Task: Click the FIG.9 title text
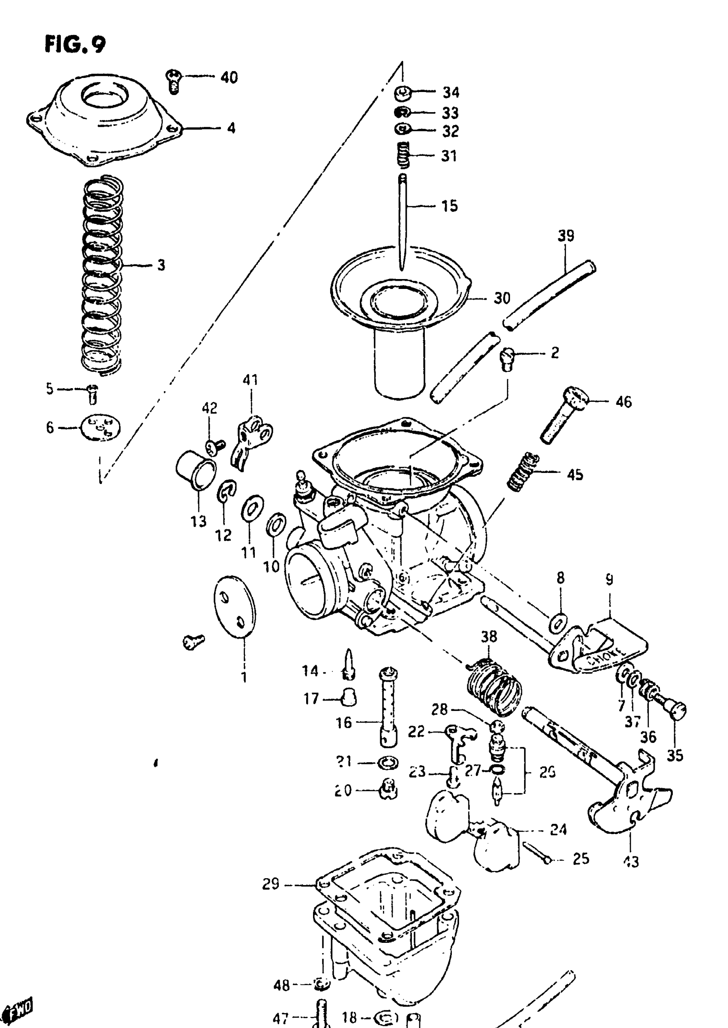coord(75,45)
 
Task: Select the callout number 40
coord(229,77)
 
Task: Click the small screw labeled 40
coord(174,80)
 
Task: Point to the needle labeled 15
coord(403,220)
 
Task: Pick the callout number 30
coord(502,298)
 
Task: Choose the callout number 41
coord(250,380)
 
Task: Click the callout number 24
coord(558,830)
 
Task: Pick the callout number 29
coord(271,884)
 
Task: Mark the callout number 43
coord(631,862)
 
